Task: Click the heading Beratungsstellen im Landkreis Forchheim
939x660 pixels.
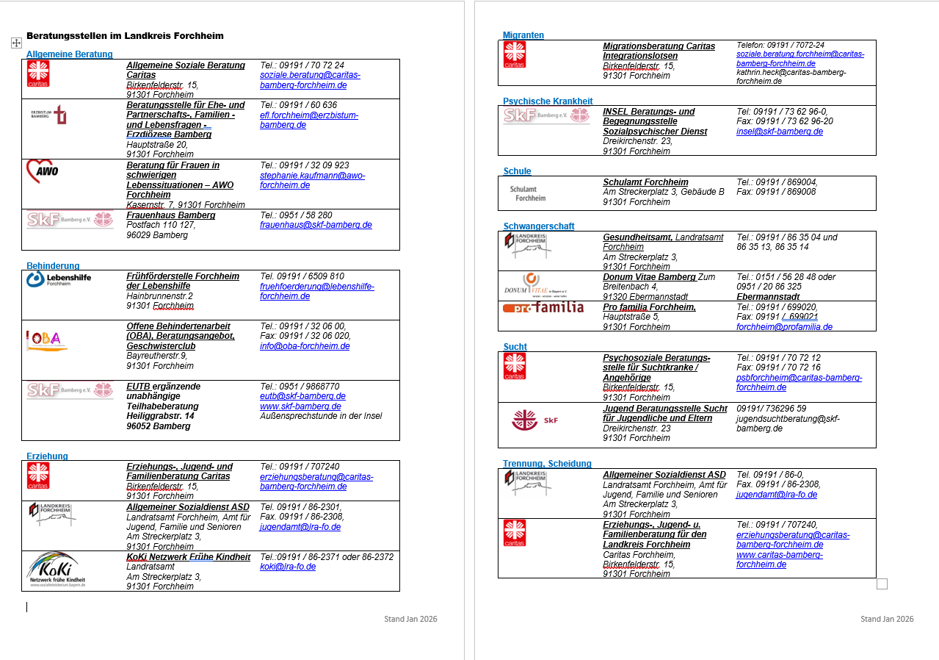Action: [125, 36]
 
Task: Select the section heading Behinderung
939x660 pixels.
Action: [53, 266]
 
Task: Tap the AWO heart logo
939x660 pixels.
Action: [42, 172]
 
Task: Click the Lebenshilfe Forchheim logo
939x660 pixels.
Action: [59, 279]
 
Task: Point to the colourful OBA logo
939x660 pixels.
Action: [47, 340]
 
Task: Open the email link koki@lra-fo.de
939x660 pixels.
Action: [288, 567]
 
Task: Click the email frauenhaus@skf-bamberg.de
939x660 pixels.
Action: [316, 225]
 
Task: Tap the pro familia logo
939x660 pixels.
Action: [543, 307]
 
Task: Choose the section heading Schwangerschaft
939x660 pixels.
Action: [539, 226]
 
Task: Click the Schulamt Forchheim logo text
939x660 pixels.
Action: [528, 193]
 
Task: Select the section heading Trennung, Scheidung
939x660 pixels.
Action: [547, 464]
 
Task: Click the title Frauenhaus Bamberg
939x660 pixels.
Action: [171, 215]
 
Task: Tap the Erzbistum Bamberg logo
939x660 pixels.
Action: [49, 114]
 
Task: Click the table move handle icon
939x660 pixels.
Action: [16, 43]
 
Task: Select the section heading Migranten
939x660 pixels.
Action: [523, 35]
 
